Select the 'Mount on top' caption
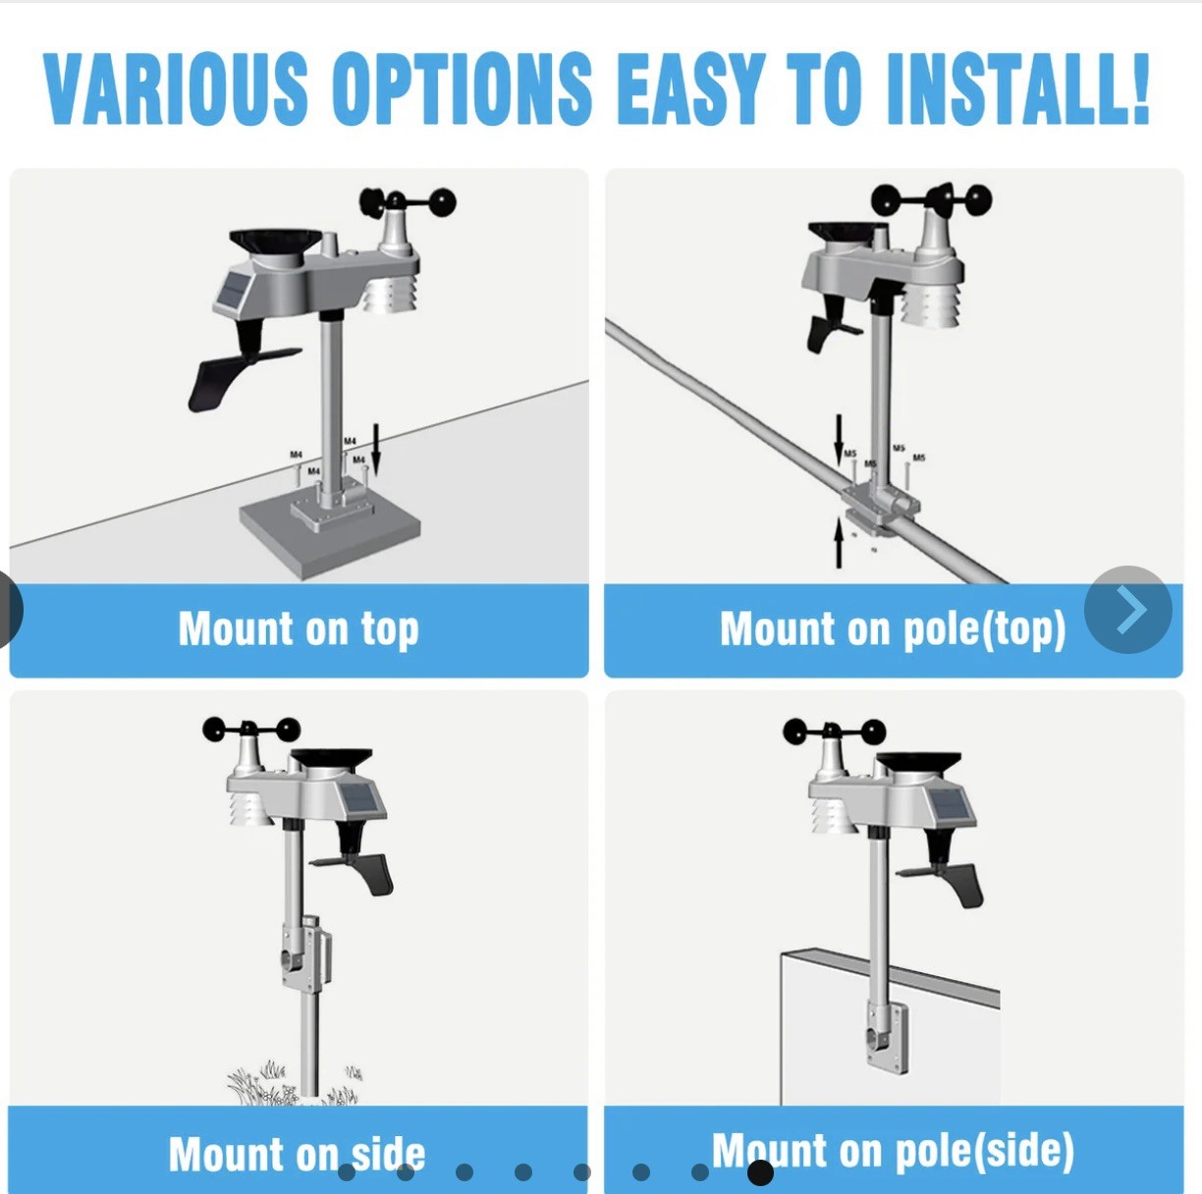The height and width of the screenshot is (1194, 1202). pyautogui.click(x=299, y=629)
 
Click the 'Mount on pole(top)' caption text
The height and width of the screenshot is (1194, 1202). pyautogui.click(x=892, y=629)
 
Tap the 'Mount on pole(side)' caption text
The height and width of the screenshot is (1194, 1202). pyautogui.click(x=892, y=1151)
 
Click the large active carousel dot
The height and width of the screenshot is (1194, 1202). pyautogui.click(x=760, y=1172)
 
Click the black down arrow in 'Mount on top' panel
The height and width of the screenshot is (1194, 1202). pyautogui.click(x=375, y=454)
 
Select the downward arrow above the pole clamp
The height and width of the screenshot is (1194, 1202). pyautogui.click(x=839, y=436)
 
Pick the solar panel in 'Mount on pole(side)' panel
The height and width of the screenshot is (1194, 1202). pyautogui.click(x=951, y=805)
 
